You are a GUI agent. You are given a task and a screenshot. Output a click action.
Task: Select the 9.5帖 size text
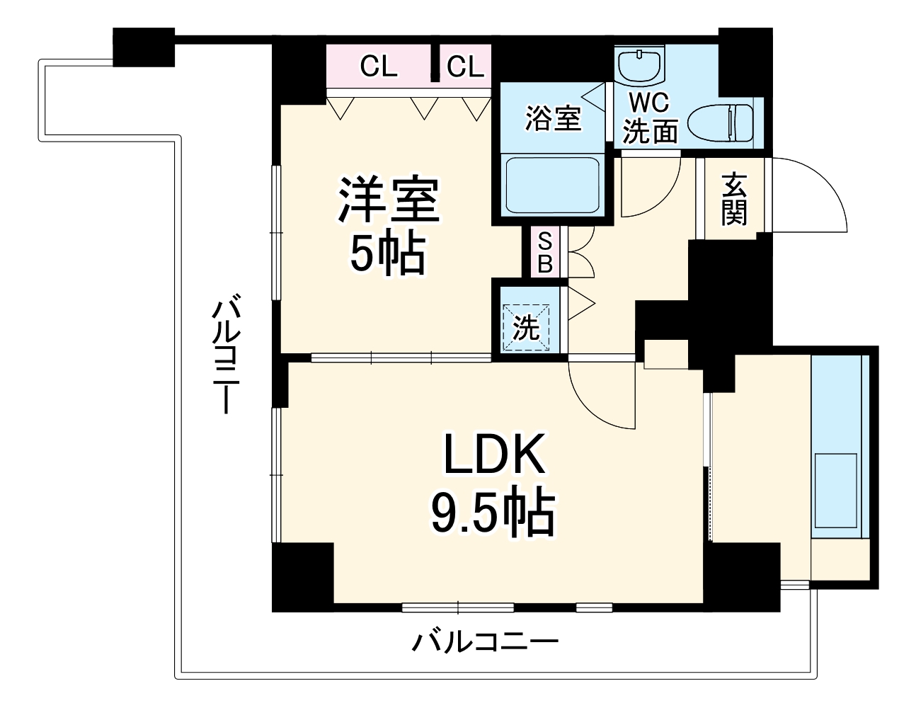click(493, 512)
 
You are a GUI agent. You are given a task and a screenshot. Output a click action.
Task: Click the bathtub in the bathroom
click(551, 184)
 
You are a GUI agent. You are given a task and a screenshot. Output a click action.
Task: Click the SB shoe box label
click(544, 253)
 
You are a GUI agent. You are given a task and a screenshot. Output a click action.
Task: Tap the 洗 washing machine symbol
click(526, 327)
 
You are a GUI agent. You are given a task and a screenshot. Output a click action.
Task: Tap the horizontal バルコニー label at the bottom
click(486, 643)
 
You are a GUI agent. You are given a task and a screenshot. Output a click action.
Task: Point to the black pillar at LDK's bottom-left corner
click(303, 575)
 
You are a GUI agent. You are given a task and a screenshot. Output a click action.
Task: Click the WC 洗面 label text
click(650, 118)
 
